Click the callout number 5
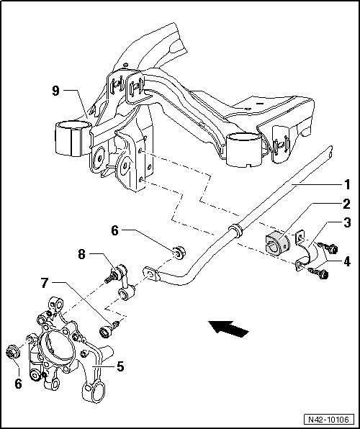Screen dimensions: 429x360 (x=121, y=366)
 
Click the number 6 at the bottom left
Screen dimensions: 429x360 (x=18, y=384)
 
